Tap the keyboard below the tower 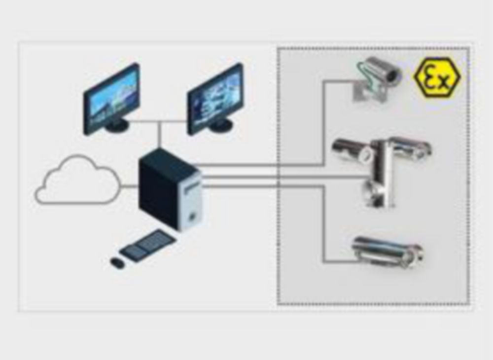pyautogui.click(x=147, y=245)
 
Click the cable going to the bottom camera pyautogui.click(x=323, y=222)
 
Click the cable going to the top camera pyautogui.click(x=323, y=123)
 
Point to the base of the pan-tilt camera pyautogui.click(x=377, y=197)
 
